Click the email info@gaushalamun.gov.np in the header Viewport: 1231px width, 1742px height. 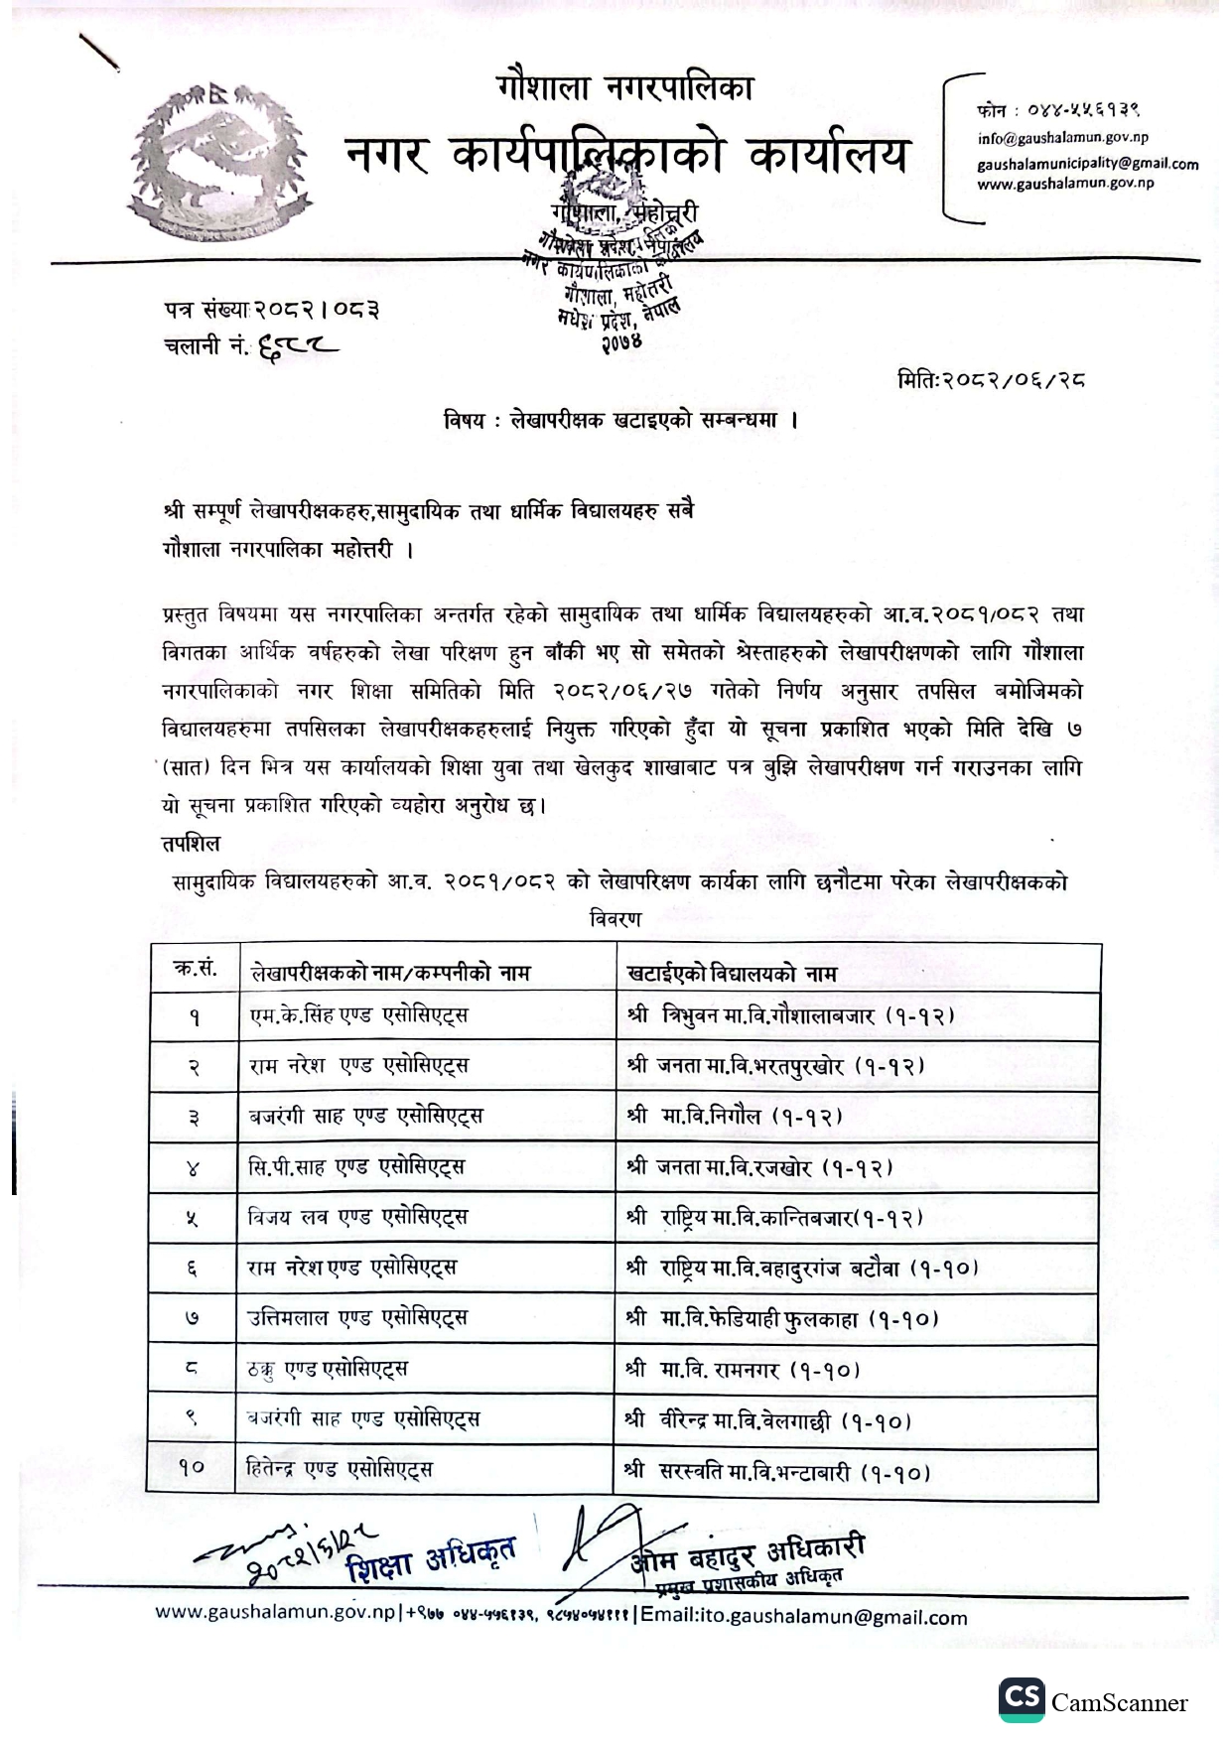[x=1062, y=139]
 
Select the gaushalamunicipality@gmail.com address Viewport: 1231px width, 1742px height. [x=1087, y=164]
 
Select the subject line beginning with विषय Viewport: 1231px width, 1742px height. [x=621, y=420]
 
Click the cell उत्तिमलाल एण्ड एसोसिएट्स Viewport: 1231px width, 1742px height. [x=357, y=1318]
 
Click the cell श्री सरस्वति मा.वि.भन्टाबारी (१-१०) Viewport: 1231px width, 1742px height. [x=778, y=1472]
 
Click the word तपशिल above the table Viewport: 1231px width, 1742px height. [x=191, y=843]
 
